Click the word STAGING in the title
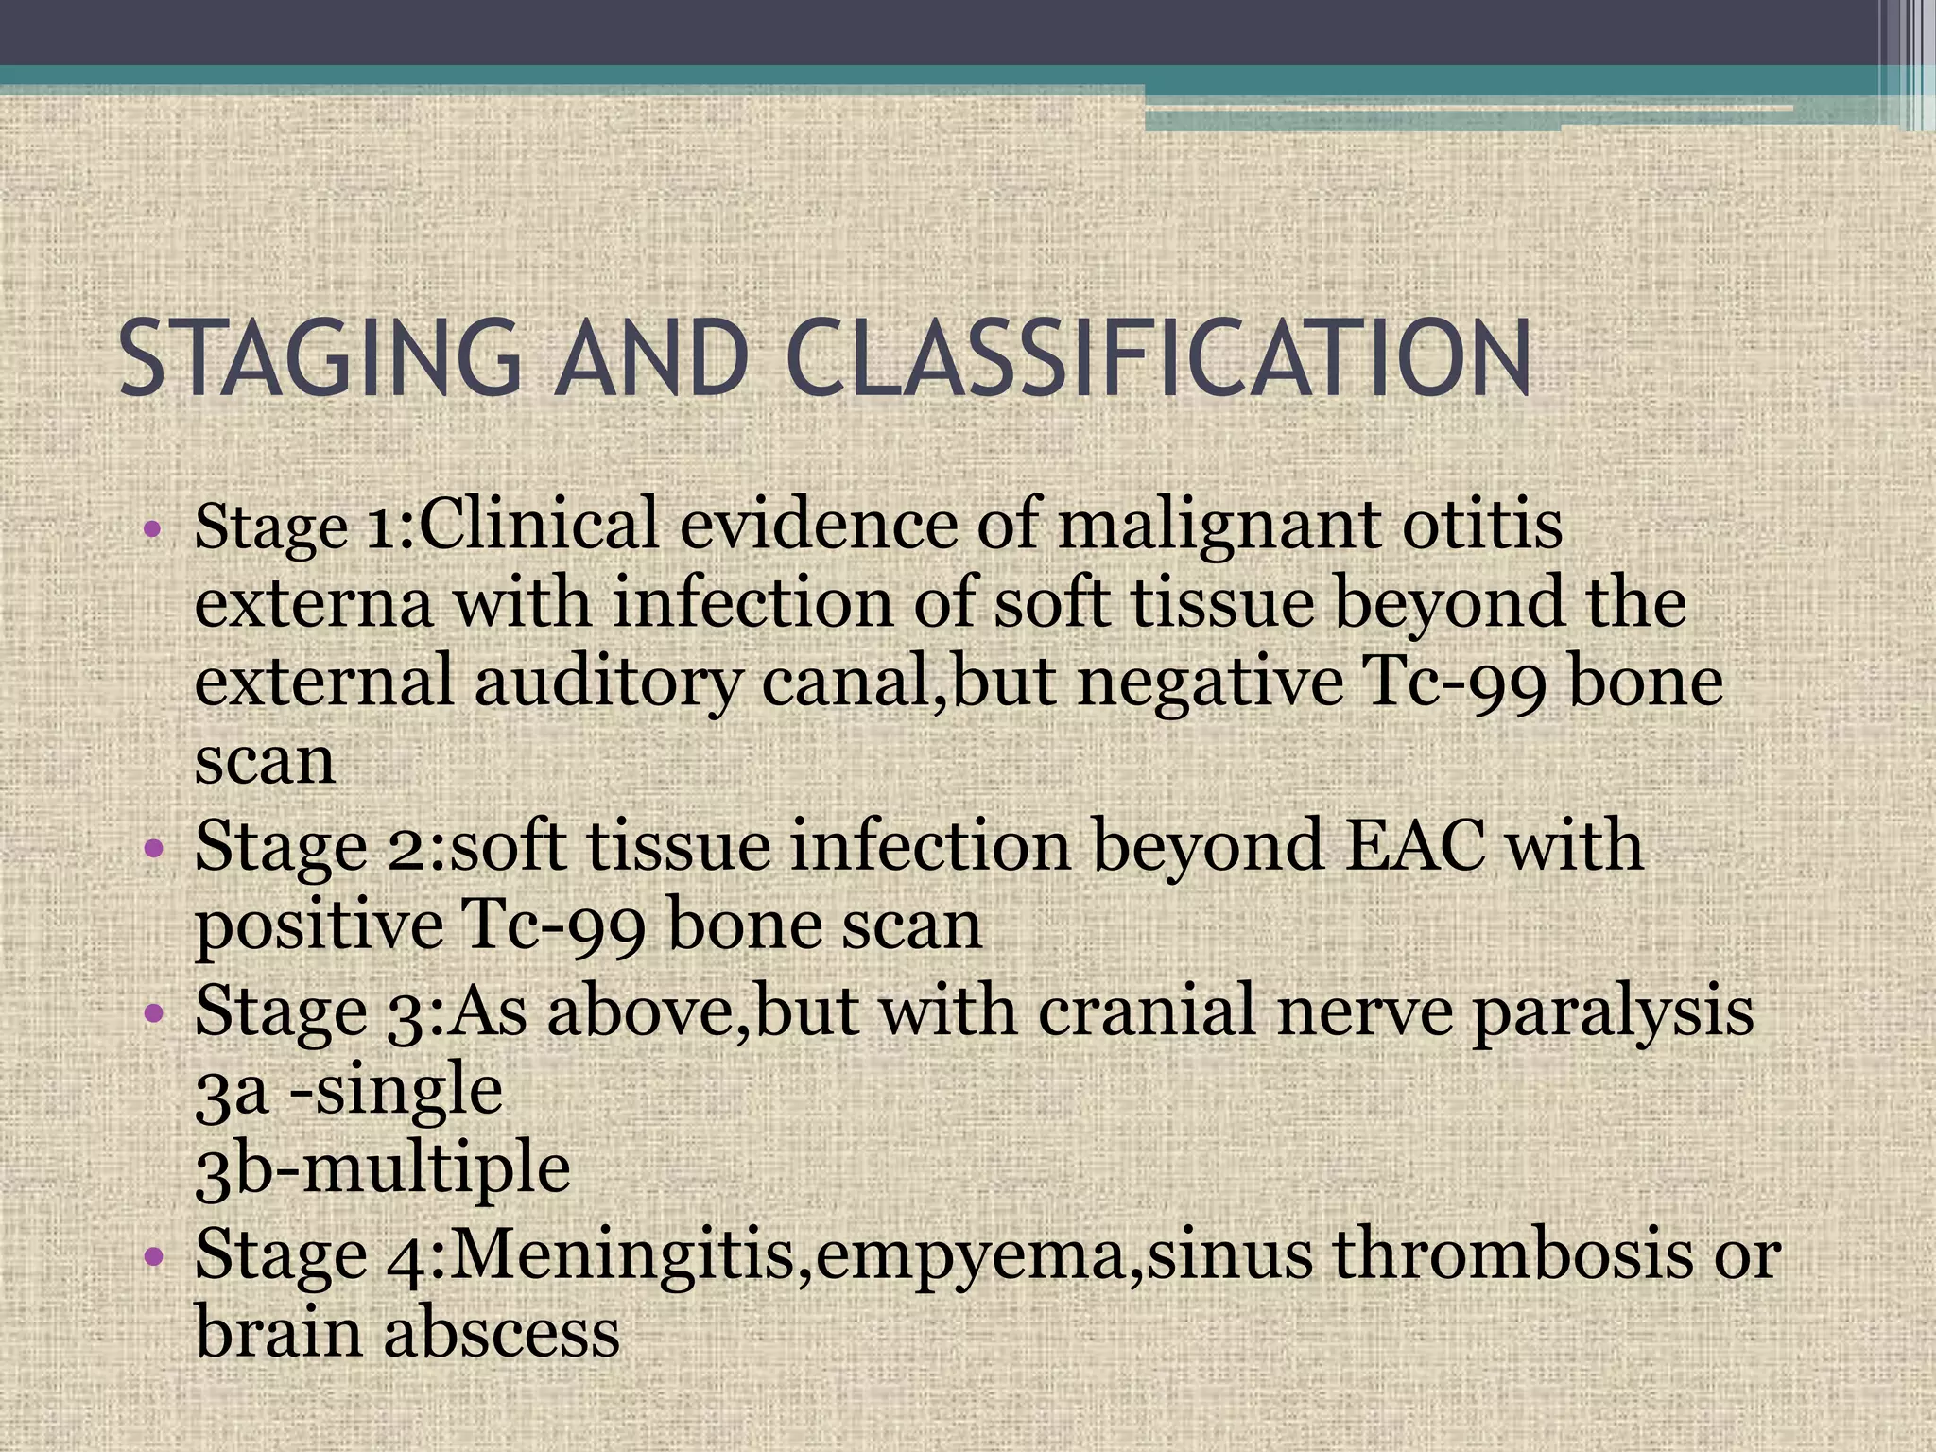pos(320,360)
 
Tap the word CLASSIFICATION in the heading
pos(1157,360)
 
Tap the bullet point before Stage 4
pos(154,1257)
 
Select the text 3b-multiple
pos(382,1170)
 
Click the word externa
pos(313,605)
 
